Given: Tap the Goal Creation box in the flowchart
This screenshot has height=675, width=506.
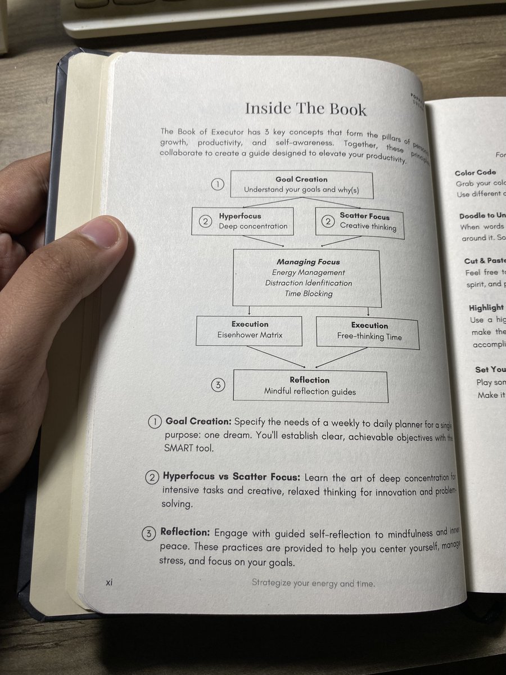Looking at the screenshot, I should tap(301, 184).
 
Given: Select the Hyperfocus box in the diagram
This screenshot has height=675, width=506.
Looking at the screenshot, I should tap(243, 221).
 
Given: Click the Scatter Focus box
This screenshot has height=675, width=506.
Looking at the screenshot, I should tap(360, 222).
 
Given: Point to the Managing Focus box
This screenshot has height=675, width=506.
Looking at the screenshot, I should tap(307, 278).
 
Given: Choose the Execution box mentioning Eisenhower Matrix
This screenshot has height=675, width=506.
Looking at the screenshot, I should tap(249, 330).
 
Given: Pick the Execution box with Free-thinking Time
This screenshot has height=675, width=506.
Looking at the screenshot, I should tap(368, 332).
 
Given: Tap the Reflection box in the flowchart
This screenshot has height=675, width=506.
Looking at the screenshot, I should tap(310, 386).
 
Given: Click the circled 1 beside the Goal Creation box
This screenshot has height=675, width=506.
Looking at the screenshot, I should tap(218, 184).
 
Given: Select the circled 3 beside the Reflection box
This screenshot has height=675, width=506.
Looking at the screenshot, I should tap(218, 385).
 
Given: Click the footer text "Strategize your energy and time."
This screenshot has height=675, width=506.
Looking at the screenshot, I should tap(313, 583).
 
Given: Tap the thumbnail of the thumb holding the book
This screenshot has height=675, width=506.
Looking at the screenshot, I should tap(104, 236).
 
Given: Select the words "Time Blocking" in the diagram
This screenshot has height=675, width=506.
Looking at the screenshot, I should tap(309, 294).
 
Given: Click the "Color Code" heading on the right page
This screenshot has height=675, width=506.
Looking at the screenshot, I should tap(475, 173).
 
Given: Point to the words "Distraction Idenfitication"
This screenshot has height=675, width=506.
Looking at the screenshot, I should tap(309, 283).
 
